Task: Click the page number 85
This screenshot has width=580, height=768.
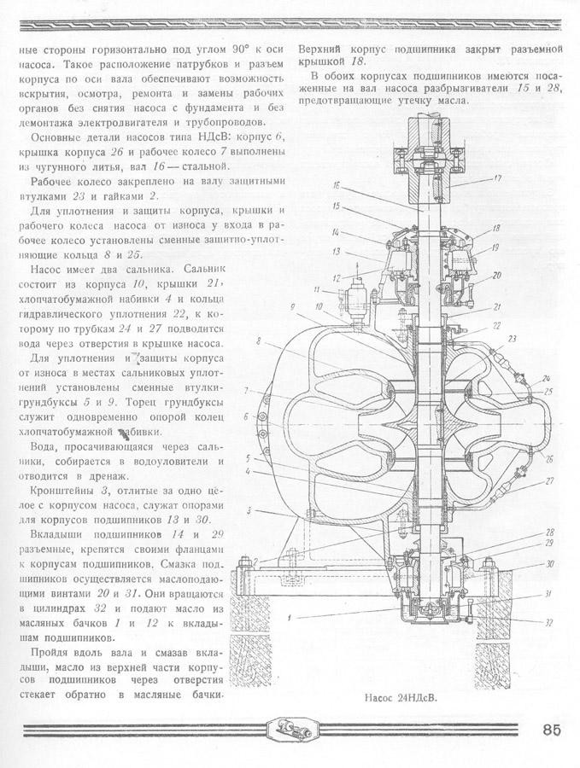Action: (550, 730)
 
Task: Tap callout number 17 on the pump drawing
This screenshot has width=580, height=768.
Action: (497, 178)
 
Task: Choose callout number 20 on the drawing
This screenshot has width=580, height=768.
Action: (496, 275)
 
